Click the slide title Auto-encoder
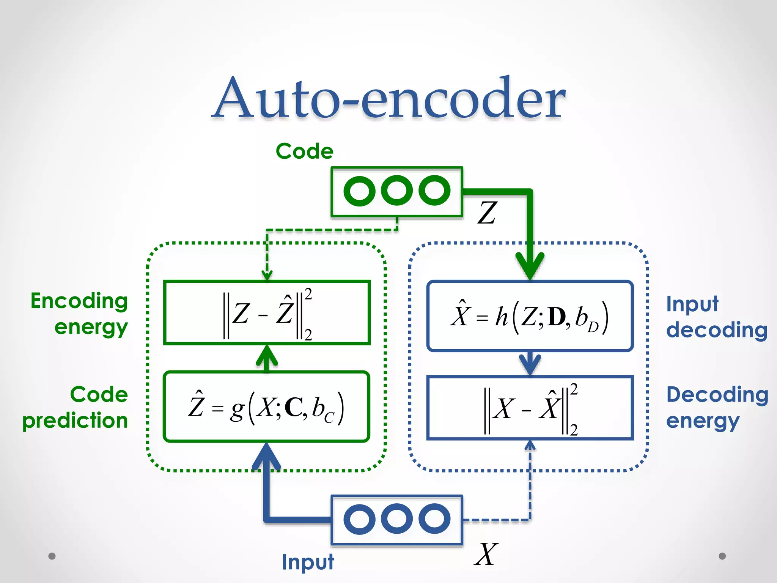pos(388,99)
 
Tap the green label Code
pos(305,151)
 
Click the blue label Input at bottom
pos(308,562)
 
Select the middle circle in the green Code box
pos(396,191)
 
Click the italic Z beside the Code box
pos(487,213)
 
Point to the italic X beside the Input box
pos(486,555)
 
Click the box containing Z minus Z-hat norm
pos(267,313)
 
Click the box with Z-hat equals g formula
pos(267,407)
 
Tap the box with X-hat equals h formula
pos(530,316)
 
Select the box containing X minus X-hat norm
pos(530,408)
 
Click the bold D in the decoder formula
pos(557,317)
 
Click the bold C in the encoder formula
pos(293,408)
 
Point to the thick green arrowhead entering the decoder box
pos(530,266)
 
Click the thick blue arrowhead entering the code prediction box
pos(267,455)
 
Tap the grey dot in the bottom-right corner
pos(722,556)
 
